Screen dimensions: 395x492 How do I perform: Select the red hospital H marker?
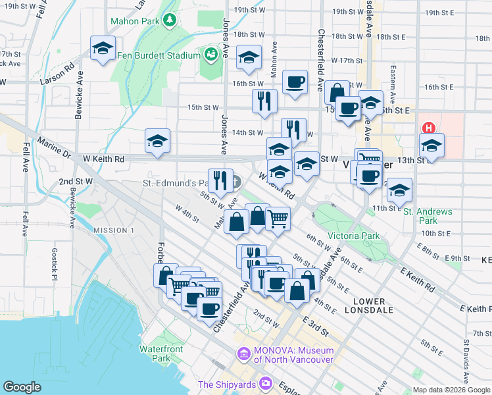click(x=429, y=128)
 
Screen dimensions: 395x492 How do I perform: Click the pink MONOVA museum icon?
click(x=244, y=354)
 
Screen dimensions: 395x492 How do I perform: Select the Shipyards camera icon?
click(x=266, y=382)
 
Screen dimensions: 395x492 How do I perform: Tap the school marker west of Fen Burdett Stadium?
click(x=103, y=48)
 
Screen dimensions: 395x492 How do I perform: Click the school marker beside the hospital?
click(x=431, y=145)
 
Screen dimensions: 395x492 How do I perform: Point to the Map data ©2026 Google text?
click(x=451, y=390)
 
